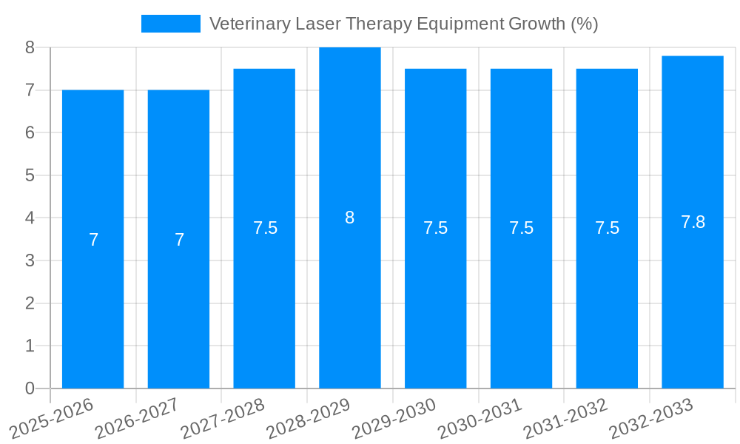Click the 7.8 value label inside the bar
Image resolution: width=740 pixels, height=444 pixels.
point(693,221)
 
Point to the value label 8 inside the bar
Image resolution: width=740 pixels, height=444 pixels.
point(349,218)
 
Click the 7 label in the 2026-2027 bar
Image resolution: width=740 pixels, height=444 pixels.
point(179,240)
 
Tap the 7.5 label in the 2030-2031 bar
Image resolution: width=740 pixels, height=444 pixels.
point(521,228)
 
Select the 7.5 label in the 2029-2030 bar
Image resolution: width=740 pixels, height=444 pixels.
point(435,228)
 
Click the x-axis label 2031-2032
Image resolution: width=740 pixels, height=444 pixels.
point(566,418)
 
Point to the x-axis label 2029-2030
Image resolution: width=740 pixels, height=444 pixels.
point(394,418)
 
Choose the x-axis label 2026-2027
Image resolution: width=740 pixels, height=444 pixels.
point(138,418)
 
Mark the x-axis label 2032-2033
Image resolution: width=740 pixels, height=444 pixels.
point(651,418)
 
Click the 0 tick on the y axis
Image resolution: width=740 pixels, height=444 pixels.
point(30,388)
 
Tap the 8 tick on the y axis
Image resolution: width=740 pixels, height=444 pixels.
point(30,47)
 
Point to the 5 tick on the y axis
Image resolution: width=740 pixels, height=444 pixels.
point(30,175)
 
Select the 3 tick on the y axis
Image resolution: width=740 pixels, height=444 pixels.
point(30,260)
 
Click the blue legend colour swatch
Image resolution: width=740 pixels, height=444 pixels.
point(170,24)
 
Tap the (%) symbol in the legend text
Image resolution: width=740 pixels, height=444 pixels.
point(584,24)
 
